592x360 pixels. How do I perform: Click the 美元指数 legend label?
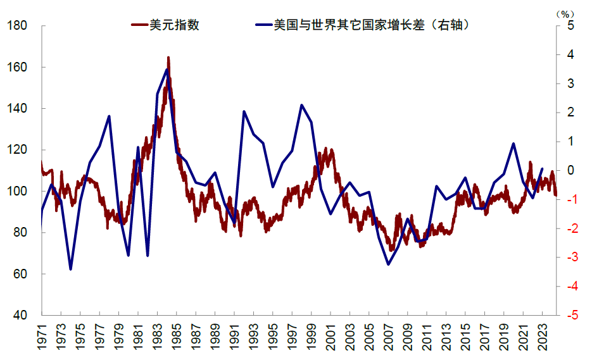[175, 25]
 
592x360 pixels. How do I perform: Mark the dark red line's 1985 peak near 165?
[168, 58]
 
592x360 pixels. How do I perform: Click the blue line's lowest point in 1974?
[70, 270]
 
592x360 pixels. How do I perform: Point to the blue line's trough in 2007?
[388, 264]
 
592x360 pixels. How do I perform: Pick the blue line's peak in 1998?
[301, 105]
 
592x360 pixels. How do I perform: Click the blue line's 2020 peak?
[513, 144]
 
